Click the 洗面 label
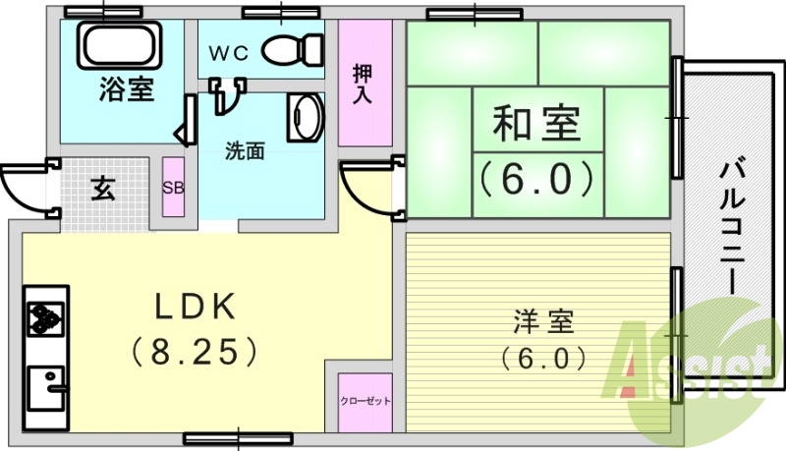pos(245,151)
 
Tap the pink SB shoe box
pos(173,188)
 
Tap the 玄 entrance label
pos(103,189)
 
